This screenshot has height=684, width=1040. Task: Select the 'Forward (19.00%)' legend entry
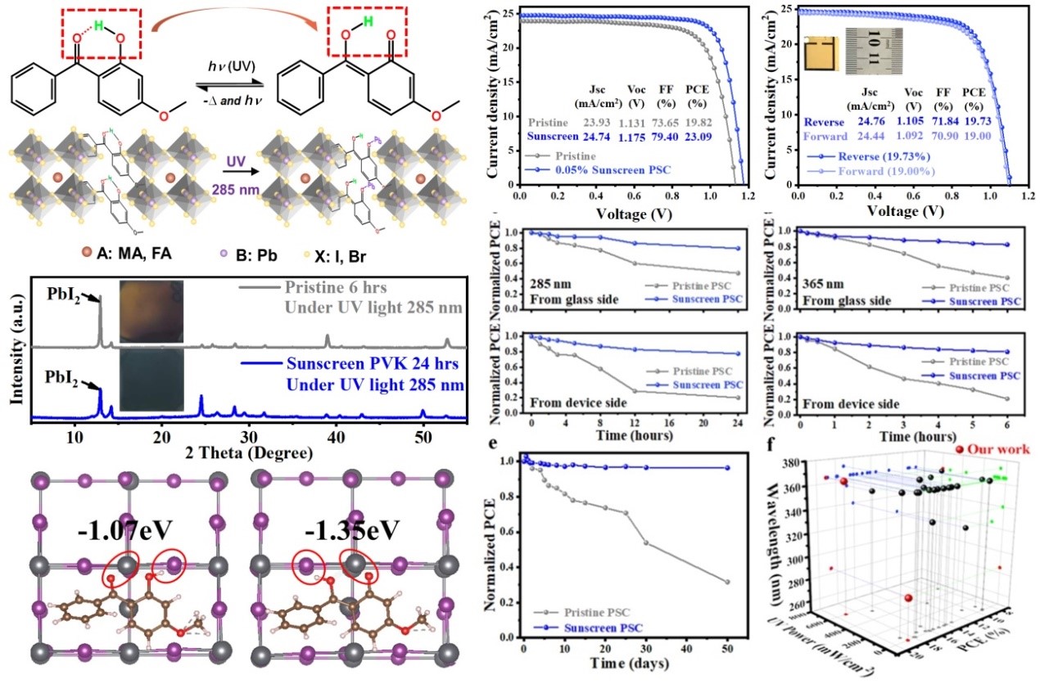pos(860,170)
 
